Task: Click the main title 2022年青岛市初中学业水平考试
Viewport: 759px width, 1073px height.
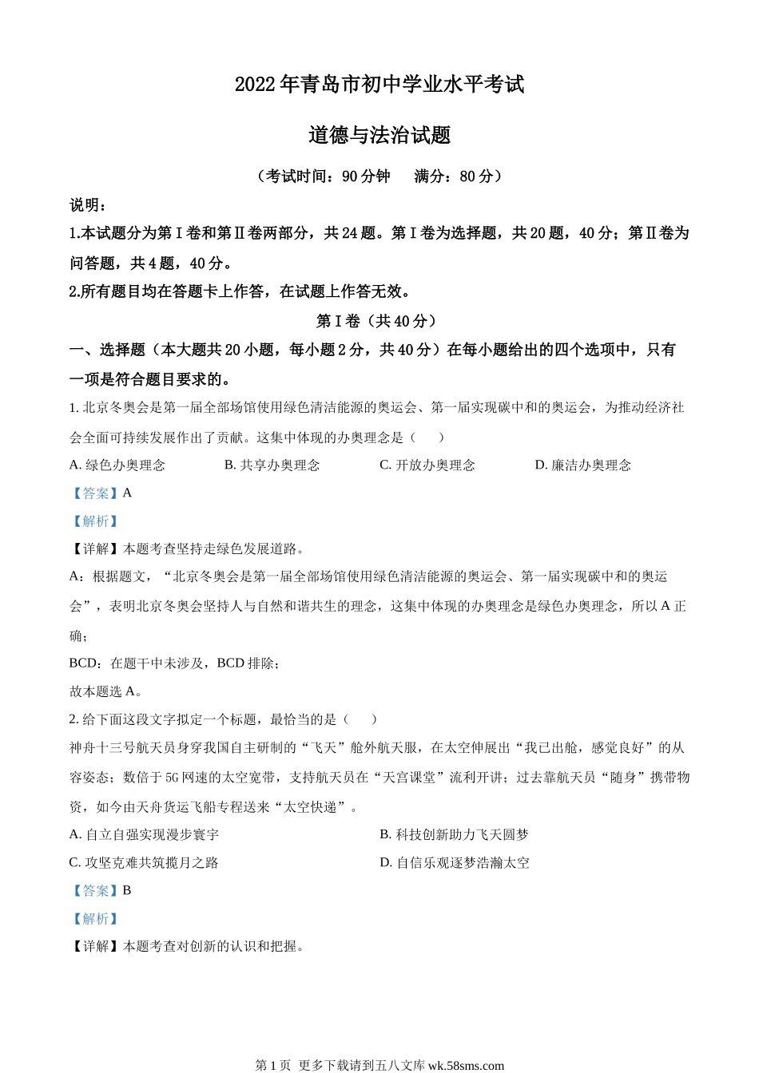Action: (379, 84)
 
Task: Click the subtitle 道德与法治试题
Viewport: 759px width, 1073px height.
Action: (379, 135)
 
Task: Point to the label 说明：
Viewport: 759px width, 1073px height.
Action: (89, 205)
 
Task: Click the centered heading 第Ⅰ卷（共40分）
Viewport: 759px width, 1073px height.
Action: (379, 321)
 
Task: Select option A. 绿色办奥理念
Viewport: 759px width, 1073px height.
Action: (117, 465)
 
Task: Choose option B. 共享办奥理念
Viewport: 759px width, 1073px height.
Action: (272, 465)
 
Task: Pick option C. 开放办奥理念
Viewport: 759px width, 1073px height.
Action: (427, 465)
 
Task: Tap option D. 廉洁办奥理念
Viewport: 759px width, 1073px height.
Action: (583, 465)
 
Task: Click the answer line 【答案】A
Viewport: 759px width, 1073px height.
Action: (101, 493)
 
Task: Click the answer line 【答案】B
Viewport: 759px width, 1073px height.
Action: (101, 890)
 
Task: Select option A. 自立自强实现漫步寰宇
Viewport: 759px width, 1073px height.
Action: (145, 834)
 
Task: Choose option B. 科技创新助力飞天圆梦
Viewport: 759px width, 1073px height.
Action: (455, 834)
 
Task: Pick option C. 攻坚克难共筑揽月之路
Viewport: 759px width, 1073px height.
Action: (145, 862)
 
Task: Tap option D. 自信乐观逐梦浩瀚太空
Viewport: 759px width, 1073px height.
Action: (455, 862)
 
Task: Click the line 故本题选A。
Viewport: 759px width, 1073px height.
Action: (106, 691)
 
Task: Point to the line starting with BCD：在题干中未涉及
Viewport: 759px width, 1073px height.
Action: (174, 663)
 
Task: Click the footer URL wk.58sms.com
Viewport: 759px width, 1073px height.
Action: (467, 1065)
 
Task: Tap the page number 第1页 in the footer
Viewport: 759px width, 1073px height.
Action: (272, 1065)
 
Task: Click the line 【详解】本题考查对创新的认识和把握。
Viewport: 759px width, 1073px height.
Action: (188, 946)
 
